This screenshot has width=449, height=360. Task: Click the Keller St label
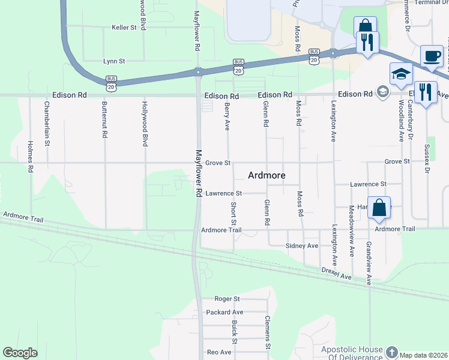(125, 28)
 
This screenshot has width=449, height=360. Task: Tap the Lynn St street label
(114, 61)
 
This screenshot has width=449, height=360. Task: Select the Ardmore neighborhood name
(267, 176)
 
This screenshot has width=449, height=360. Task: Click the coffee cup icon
(432, 56)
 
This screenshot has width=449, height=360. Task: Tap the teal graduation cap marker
(401, 74)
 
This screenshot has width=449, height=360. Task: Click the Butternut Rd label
(104, 120)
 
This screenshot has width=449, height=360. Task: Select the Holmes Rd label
(30, 157)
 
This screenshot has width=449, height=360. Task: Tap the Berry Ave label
(228, 116)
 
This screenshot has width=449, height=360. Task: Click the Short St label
(234, 214)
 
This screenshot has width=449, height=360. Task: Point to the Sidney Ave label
(302, 246)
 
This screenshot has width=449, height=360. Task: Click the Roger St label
(228, 299)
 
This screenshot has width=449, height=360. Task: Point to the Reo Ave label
(219, 352)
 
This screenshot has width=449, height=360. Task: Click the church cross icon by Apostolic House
(391, 352)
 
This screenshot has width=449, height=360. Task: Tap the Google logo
(20, 353)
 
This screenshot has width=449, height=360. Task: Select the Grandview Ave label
(369, 263)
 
